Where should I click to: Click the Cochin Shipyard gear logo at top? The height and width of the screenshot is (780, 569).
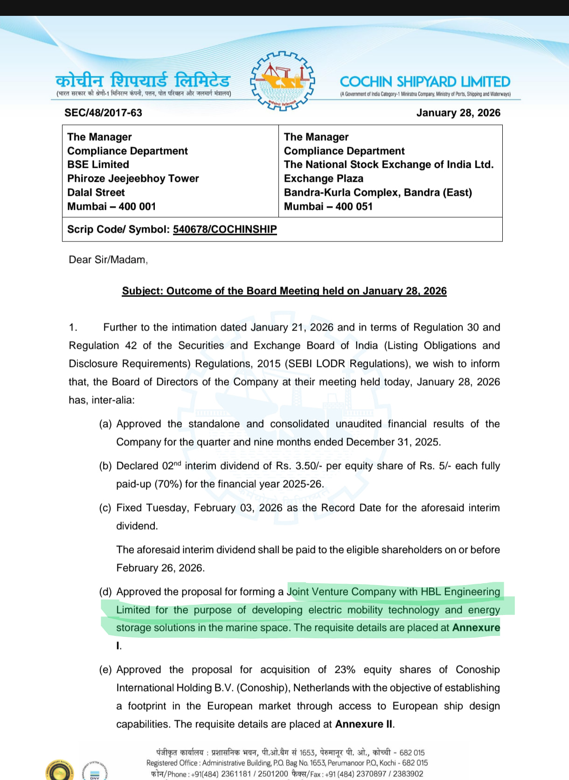point(282,81)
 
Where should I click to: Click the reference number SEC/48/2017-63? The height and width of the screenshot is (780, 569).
point(103,113)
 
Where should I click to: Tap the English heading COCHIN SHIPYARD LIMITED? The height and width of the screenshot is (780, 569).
point(425,82)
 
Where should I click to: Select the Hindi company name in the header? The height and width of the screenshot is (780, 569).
point(143,80)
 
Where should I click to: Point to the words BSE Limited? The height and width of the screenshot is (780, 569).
point(98,165)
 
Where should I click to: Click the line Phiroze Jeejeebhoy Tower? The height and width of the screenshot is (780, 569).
point(133,179)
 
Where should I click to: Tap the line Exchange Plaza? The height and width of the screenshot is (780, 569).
point(323,179)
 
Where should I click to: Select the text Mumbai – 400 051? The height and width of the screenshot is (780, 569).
point(328,207)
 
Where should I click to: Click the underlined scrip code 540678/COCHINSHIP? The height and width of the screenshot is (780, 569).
point(225,229)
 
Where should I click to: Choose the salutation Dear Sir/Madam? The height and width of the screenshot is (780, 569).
point(108,260)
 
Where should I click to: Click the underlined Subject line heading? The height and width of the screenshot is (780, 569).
point(284,291)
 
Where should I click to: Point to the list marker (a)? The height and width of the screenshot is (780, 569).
point(105,424)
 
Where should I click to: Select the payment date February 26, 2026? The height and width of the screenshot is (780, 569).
point(160,568)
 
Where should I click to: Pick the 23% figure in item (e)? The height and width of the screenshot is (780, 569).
point(345,670)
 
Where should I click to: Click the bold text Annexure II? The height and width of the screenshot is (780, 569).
point(364,724)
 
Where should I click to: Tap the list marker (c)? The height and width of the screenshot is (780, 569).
point(105,508)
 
